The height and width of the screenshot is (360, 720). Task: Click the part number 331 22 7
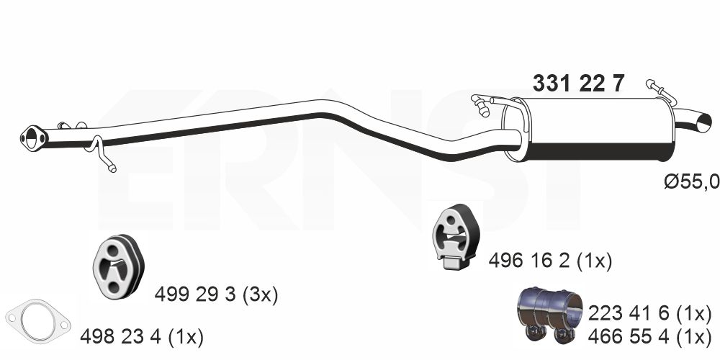pyautogui.click(x=578, y=84)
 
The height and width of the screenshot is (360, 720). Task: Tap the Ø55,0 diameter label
pyautogui.click(x=692, y=182)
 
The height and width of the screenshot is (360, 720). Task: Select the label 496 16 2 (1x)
pyautogui.click(x=549, y=261)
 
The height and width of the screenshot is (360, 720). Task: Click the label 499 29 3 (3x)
pyautogui.click(x=216, y=294)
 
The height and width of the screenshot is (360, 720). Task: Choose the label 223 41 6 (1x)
pyautogui.click(x=649, y=314)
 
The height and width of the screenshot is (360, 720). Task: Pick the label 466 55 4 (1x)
pyautogui.click(x=649, y=337)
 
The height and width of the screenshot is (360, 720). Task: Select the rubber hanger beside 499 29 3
pyautogui.click(x=119, y=266)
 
